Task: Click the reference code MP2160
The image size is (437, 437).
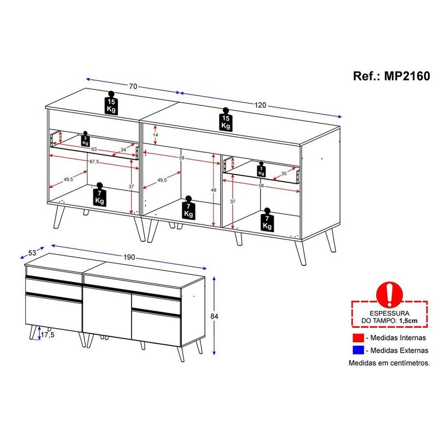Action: click(407, 76)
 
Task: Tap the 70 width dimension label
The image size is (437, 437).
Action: click(133, 86)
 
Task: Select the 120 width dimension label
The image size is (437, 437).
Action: click(260, 105)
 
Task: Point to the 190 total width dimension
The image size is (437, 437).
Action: click(129, 257)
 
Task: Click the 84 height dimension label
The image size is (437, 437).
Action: click(214, 316)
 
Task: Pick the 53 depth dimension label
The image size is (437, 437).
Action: click(32, 252)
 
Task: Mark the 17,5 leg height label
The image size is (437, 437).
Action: click(48, 335)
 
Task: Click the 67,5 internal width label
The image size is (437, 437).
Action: click(94, 161)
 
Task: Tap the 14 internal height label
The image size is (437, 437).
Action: click(156, 135)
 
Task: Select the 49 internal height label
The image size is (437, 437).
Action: click(213, 190)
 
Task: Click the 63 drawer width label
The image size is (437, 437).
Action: click(94, 149)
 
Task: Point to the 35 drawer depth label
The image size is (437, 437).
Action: click(284, 173)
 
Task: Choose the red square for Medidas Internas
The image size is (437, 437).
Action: click(358, 338)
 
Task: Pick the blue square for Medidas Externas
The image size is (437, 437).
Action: click(358, 350)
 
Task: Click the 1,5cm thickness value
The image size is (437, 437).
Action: click(408, 321)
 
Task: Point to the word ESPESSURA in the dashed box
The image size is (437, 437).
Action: click(389, 313)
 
